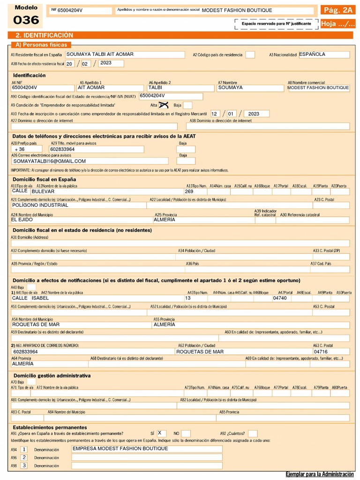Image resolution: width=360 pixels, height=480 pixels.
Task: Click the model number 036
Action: pyautogui.click(x=26, y=20)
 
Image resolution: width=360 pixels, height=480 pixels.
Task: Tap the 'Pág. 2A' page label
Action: pyautogui.click(x=337, y=10)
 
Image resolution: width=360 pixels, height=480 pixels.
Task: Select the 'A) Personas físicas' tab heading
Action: pyautogui.click(x=41, y=45)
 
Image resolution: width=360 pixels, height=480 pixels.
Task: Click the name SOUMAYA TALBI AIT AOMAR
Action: pyautogui.click(x=100, y=54)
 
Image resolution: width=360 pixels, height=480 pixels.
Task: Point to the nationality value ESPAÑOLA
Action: pyautogui.click(x=312, y=54)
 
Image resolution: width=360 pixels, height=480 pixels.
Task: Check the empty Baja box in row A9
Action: pyautogui.click(x=187, y=105)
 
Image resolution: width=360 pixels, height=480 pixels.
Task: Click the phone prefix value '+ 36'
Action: pyautogui.click(x=20, y=149)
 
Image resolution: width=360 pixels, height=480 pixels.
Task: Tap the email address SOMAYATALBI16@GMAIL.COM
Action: pyautogui.click(x=50, y=161)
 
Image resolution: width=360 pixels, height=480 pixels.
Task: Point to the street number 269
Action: pyautogui.click(x=189, y=191)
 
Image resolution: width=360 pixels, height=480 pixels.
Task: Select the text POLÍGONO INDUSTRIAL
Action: pyautogui.click(x=40, y=205)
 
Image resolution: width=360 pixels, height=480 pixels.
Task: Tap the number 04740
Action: pyautogui.click(x=280, y=298)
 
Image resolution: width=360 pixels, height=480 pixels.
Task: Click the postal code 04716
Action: pyautogui.click(x=321, y=352)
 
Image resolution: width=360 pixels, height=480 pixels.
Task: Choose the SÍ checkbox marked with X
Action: pyautogui.click(x=161, y=433)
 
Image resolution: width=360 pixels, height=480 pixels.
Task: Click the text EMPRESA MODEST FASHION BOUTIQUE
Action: pyautogui.click(x=120, y=449)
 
